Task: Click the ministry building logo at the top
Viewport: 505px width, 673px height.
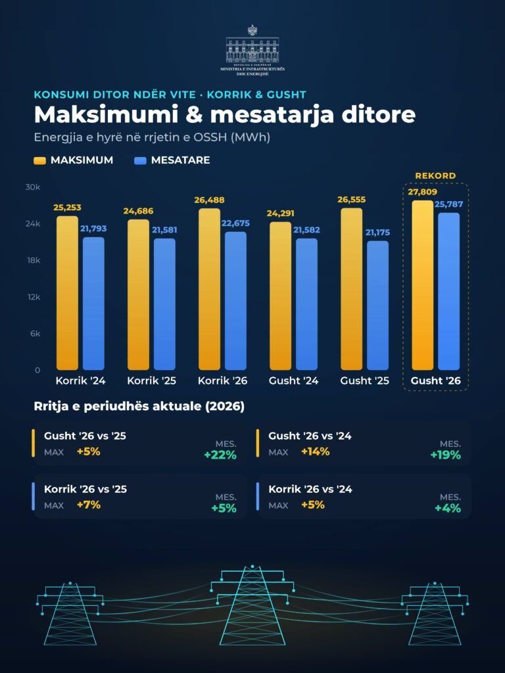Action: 252,51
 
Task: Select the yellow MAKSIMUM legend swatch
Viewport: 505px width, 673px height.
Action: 39,160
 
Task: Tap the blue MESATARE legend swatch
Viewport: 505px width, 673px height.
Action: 141,160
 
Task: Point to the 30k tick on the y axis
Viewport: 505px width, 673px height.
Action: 33,187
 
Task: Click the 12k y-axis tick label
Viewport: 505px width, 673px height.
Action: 34,297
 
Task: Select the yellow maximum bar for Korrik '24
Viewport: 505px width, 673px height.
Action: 68,293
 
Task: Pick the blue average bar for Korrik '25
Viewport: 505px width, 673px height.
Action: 164,304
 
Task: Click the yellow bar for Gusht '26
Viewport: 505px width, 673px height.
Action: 423,285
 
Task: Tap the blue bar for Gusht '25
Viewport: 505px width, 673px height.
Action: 377,306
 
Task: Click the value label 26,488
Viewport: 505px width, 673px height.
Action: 209,200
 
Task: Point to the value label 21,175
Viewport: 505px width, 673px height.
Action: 378,232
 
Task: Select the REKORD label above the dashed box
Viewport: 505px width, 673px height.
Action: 435,175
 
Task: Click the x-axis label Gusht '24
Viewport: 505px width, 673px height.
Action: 294,381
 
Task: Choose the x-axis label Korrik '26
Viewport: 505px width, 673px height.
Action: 222,381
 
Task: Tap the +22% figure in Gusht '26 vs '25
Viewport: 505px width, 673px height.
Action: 220,455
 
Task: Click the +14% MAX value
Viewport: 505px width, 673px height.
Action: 315,452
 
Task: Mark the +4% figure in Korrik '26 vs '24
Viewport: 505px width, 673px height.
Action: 448,508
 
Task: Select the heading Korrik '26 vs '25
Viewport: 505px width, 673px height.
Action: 85,489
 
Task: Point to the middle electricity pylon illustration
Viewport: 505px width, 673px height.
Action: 252,605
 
